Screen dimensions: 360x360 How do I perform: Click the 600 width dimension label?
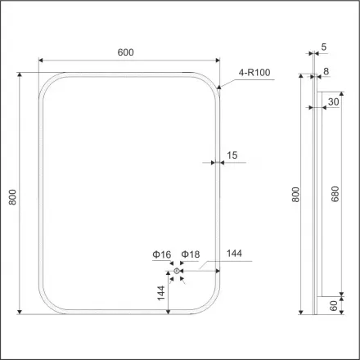(125, 52)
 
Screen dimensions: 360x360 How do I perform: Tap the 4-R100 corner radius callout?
(254, 73)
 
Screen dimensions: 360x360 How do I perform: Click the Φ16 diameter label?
(160, 256)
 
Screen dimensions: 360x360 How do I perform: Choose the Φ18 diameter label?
(190, 256)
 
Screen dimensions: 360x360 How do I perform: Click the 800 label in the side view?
(296, 195)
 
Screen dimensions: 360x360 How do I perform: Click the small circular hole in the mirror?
(177, 272)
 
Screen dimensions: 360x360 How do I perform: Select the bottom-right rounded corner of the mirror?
(210, 301)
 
